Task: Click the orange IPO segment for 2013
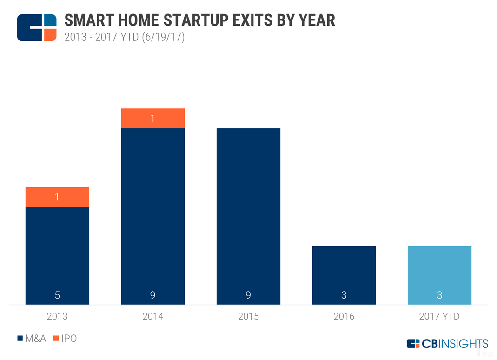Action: click(57, 197)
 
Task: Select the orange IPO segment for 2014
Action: click(152, 118)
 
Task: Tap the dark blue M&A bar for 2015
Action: click(248, 216)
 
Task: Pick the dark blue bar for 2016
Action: click(344, 275)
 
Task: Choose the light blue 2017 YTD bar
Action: click(439, 275)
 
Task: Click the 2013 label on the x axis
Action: click(57, 317)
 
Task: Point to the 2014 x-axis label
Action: click(152, 317)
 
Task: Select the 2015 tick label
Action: click(248, 317)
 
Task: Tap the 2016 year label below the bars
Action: click(344, 317)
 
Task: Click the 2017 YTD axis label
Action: click(439, 317)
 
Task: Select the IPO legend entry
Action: click(66, 339)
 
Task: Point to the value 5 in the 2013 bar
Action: click(57, 295)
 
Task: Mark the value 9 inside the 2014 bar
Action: click(152, 295)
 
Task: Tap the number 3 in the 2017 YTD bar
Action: click(439, 295)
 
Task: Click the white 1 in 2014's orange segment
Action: click(152, 119)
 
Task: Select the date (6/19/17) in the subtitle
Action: click(163, 37)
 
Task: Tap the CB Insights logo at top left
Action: click(36, 27)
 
